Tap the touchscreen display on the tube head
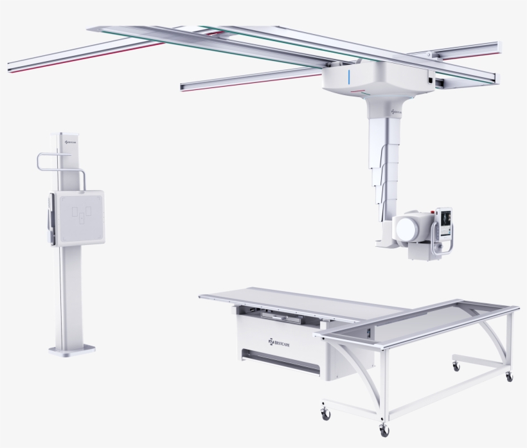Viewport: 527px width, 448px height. point(444,222)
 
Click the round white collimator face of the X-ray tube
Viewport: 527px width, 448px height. point(409,228)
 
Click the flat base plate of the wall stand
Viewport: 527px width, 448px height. point(72,350)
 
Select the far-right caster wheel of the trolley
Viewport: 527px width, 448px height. point(509,377)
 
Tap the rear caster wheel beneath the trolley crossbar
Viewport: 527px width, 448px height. point(456,366)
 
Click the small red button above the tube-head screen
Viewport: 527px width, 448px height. point(440,210)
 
